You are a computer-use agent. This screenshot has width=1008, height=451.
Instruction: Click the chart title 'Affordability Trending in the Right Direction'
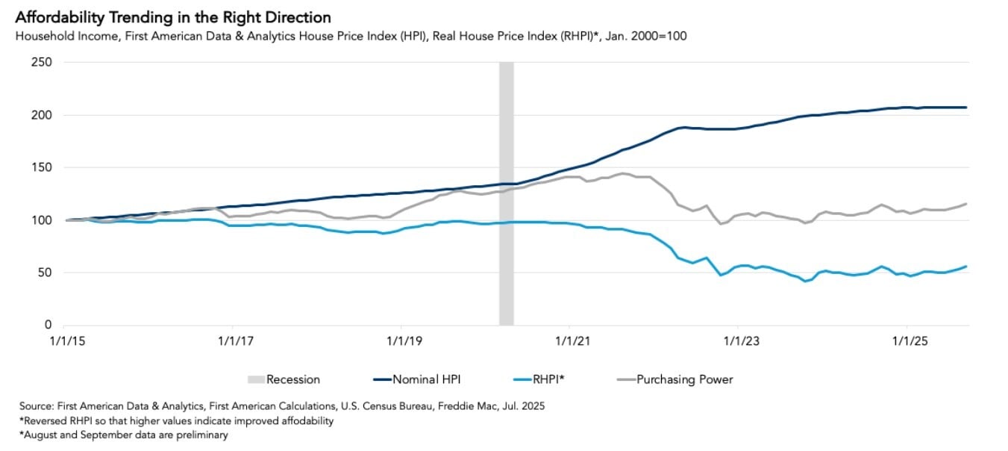pyautogui.click(x=172, y=17)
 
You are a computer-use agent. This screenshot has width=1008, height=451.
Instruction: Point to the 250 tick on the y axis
pyautogui.click(x=42, y=63)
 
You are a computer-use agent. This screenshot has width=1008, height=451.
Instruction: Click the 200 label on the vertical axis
pyautogui.click(x=42, y=115)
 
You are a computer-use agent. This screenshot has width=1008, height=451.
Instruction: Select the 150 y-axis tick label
pyautogui.click(x=42, y=168)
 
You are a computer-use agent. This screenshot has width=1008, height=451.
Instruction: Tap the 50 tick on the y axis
pyautogui.click(x=45, y=273)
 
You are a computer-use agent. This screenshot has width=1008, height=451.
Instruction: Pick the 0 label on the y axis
pyautogui.click(x=48, y=325)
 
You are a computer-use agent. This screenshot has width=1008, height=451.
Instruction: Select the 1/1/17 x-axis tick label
pyautogui.click(x=233, y=342)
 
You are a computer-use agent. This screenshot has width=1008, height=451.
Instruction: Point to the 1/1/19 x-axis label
pyautogui.click(x=401, y=342)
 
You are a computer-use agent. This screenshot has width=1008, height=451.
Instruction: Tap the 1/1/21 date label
pyautogui.click(x=569, y=342)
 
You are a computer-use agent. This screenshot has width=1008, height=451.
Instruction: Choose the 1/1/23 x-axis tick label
pyautogui.click(x=738, y=342)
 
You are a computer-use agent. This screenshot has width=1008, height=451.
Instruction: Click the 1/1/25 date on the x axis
pyautogui.click(x=907, y=342)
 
